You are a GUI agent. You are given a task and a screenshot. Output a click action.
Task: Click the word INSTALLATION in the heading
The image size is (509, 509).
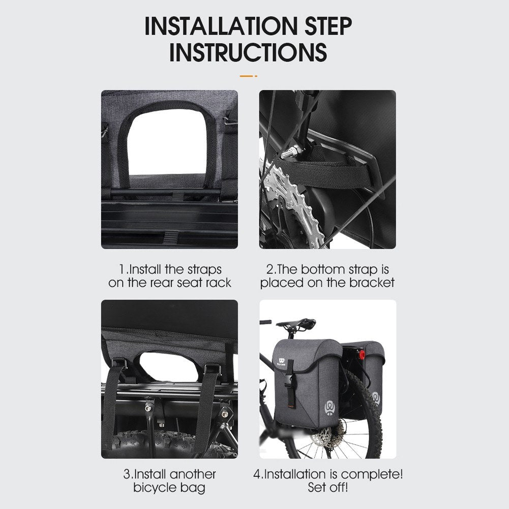click(x=221, y=26)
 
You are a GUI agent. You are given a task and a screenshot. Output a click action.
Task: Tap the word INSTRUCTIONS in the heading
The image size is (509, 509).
click(x=248, y=52)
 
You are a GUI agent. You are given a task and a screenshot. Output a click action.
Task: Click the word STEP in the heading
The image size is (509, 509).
click(x=328, y=26)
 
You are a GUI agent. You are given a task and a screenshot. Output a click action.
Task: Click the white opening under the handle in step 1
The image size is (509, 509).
click(x=167, y=143)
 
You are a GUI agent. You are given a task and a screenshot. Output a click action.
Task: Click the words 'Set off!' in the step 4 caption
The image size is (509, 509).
click(x=327, y=487)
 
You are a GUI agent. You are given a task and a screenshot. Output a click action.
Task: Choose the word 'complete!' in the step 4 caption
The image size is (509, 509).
click(x=372, y=474)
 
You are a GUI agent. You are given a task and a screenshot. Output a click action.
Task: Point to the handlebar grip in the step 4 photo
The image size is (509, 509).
click(x=265, y=322)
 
